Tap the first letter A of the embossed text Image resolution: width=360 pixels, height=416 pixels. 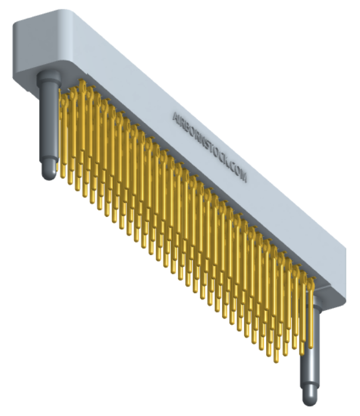(x=176, y=116)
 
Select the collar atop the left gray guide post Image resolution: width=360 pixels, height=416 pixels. (x=48, y=76)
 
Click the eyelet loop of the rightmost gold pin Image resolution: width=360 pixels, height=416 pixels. (x=312, y=284)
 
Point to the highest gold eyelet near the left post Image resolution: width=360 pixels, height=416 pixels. (x=83, y=87)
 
